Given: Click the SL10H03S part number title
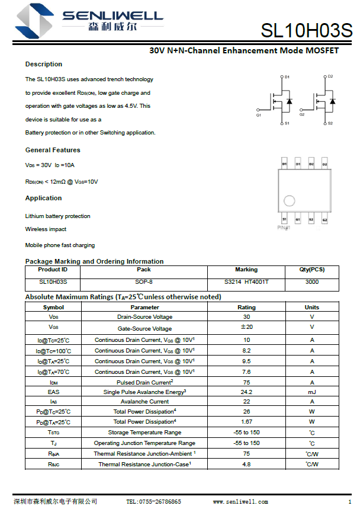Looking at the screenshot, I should point(306,31).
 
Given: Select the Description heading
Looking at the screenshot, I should point(44,64).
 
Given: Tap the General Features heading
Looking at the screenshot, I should point(53,150).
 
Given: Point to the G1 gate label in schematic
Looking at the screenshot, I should point(259,115).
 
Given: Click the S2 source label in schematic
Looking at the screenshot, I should point(330,123).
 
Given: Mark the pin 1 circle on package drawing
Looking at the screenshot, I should point(289,200).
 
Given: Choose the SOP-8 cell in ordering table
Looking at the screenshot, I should point(144,282).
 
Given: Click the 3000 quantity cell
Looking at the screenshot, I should point(312,282).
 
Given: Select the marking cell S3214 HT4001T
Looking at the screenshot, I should point(246,282).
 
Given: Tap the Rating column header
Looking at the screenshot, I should point(246,308).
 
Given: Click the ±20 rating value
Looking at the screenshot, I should point(246,327).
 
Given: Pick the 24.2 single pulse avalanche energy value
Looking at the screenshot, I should point(246,392).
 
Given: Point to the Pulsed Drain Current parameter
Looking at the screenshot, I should point(144,382).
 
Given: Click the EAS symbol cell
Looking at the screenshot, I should point(54,392).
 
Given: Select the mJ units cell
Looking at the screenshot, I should point(312,392).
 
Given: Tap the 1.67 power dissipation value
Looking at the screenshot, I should point(246,422).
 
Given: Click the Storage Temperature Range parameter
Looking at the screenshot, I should point(144,433).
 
